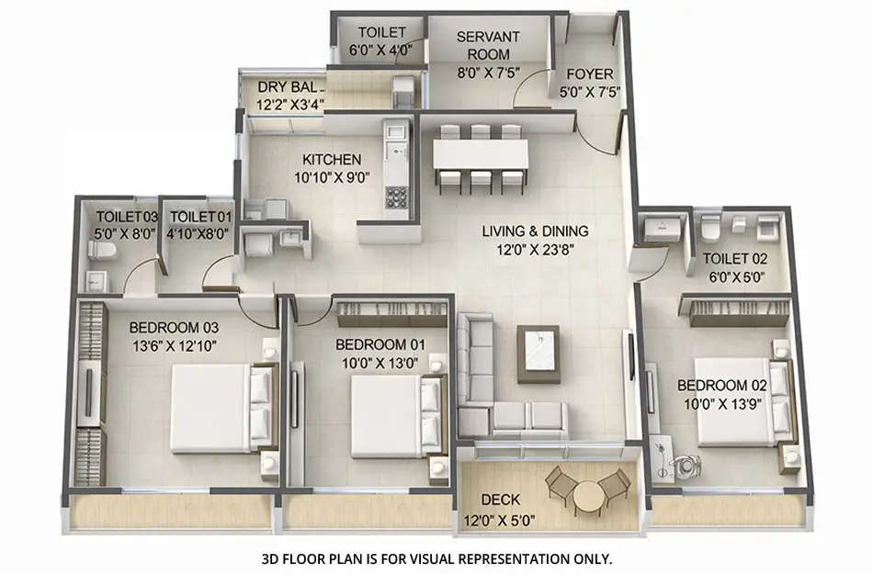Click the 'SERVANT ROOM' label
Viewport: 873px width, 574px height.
(488, 45)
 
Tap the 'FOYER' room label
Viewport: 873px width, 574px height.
(590, 74)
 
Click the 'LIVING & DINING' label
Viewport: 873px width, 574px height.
(535, 231)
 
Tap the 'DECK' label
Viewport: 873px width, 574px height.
(500, 500)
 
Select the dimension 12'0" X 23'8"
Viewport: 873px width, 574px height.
(535, 248)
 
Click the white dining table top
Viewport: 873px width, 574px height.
(481, 153)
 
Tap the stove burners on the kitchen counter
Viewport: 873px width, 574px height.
(397, 196)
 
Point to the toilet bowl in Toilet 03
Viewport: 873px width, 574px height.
(103, 248)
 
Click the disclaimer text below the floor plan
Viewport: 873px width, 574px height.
(436, 557)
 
